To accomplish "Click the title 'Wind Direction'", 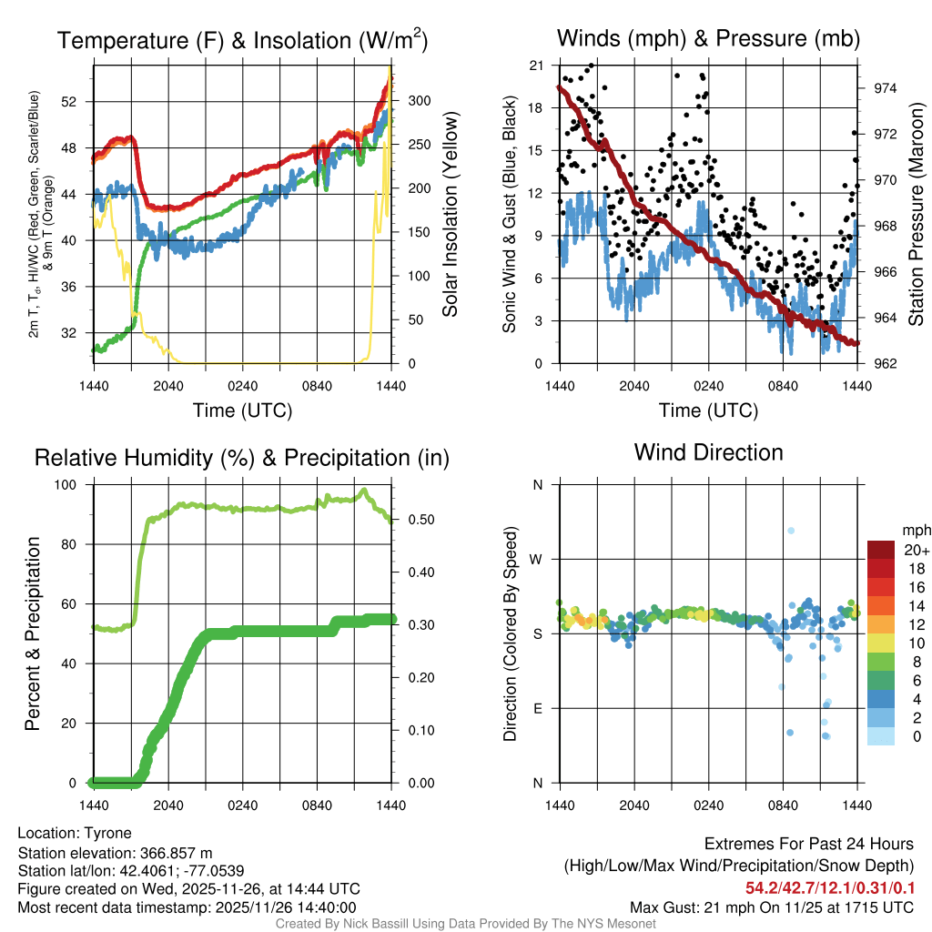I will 708,452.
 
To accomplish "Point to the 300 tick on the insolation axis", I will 410,101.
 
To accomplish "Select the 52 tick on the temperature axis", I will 78,102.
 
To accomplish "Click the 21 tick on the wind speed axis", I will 536,66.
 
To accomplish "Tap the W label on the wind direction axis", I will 538,560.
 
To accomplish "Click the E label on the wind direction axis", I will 538,709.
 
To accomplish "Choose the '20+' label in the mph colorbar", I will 915,550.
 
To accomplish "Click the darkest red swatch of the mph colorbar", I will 881,550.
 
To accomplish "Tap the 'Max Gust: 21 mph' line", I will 772,907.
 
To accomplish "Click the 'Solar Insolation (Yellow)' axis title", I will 451,214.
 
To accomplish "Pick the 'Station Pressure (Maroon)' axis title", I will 917,214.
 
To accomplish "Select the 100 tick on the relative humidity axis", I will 76,485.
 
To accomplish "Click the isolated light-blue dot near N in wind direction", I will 792,531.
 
